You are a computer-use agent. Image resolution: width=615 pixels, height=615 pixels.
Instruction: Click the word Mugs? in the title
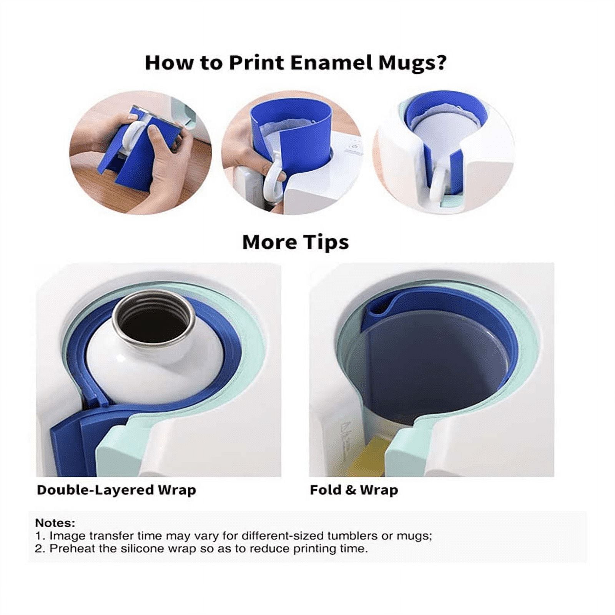(x=412, y=62)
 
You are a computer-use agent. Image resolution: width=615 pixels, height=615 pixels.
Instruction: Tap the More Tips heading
(x=295, y=242)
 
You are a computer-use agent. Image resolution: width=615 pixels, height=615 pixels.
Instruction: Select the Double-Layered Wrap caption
(x=116, y=490)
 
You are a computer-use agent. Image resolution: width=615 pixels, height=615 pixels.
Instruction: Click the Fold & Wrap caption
(x=354, y=490)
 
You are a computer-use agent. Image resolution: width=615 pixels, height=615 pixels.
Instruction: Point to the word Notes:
(x=55, y=523)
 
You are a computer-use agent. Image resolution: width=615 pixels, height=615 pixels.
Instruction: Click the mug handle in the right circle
(x=438, y=181)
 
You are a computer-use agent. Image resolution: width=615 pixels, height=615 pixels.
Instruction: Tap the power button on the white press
(x=354, y=146)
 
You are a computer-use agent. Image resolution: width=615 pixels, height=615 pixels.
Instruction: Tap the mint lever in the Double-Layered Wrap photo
(x=115, y=450)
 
